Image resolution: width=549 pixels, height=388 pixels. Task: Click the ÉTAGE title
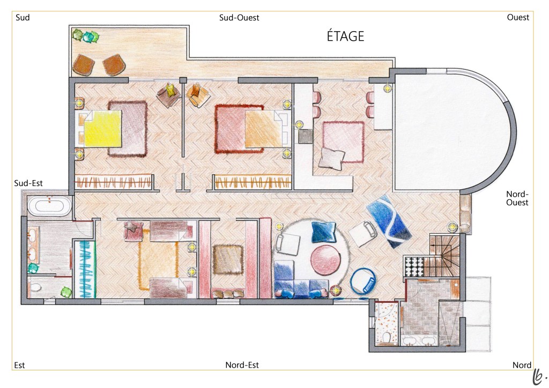point(345,36)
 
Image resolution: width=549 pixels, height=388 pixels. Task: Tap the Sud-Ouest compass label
point(239,18)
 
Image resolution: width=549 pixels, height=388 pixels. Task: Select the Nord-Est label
point(242,365)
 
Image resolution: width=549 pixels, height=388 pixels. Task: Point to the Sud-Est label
point(28,183)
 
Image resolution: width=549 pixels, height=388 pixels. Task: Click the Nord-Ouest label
point(517,198)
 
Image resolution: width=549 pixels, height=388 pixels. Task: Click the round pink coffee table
point(325,259)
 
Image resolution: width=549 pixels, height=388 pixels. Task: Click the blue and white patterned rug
point(389,221)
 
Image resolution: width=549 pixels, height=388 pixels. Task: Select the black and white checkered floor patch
point(414,266)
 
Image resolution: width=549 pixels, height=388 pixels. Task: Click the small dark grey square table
point(305,136)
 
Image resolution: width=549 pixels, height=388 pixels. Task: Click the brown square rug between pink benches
point(228,259)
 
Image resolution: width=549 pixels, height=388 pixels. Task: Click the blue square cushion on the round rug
point(323,232)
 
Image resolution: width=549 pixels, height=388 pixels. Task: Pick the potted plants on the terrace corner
point(85,36)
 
